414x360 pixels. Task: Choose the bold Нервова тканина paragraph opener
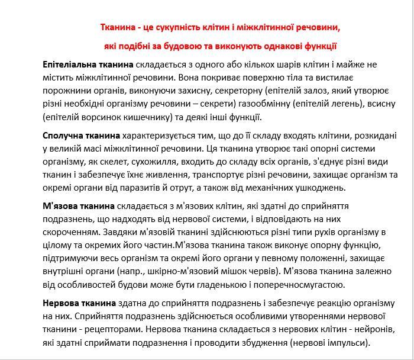tap(80, 303)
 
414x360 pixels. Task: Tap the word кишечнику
tap(143, 117)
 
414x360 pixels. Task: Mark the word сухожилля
tap(177, 162)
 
